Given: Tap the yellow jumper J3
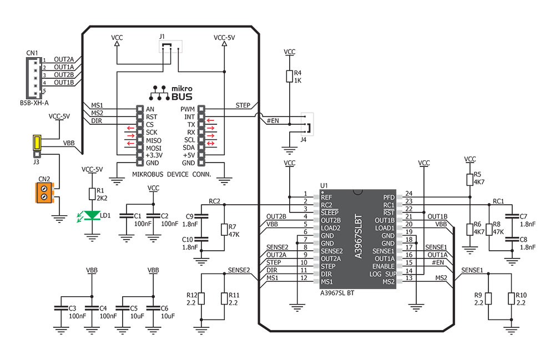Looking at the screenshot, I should click(x=37, y=143).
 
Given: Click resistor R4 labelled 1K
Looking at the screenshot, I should click(x=289, y=76).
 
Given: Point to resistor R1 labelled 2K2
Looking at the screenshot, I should click(x=92, y=193).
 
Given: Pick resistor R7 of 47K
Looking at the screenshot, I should click(x=224, y=230).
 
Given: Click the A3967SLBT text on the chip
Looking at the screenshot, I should click(x=358, y=236).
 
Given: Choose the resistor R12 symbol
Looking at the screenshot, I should click(x=202, y=298).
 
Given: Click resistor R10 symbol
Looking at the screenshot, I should click(x=510, y=298).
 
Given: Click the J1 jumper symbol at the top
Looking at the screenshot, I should click(x=169, y=48).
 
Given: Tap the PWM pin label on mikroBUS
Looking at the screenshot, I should click(x=187, y=109).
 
